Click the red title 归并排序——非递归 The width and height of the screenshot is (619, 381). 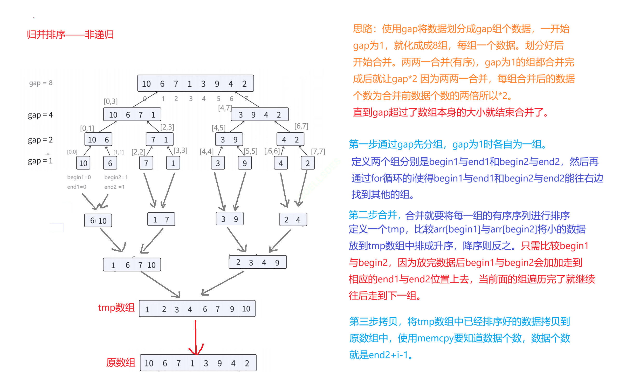coord(70,35)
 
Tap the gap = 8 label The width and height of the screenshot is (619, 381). coord(41,83)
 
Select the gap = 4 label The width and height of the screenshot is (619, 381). coord(40,115)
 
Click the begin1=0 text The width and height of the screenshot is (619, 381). coord(79,177)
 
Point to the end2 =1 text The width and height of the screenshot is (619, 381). coord(114,187)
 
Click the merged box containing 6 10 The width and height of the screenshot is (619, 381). coord(98,221)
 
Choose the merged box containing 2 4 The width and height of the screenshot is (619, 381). coord(293,220)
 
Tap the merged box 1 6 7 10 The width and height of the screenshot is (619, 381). coord(132,265)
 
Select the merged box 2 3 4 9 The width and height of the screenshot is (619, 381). coord(257,262)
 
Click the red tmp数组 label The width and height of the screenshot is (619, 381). coord(116,308)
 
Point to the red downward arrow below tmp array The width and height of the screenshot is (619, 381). coord(196,337)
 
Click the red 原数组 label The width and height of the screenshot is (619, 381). coord(121,363)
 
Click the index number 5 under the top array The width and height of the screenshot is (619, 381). coord(218,99)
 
